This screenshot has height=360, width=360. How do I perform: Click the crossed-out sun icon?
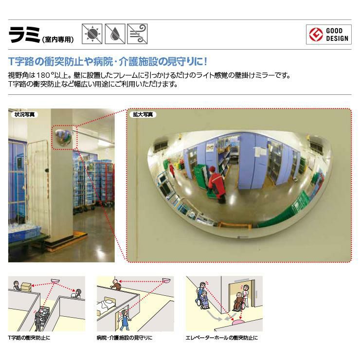[x=92, y=34]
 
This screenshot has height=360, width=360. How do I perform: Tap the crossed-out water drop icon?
[x=115, y=34]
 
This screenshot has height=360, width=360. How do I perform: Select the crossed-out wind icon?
[x=137, y=34]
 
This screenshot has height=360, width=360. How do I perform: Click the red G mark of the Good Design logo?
[x=316, y=35]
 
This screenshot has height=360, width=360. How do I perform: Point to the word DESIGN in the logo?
[x=337, y=38]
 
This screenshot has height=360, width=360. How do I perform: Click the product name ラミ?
[x=24, y=35]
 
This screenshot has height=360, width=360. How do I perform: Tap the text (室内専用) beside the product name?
[x=58, y=39]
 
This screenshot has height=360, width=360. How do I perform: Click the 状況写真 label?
[x=24, y=114]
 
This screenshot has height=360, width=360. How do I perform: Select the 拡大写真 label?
[x=143, y=114]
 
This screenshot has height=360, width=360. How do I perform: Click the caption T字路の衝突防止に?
[x=29, y=338]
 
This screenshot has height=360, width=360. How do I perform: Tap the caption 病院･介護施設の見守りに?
[x=124, y=338]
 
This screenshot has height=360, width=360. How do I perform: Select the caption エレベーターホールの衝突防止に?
[x=221, y=338]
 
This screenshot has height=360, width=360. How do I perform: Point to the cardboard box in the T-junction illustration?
[x=26, y=287]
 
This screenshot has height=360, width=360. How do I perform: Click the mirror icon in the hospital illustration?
[x=166, y=280]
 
